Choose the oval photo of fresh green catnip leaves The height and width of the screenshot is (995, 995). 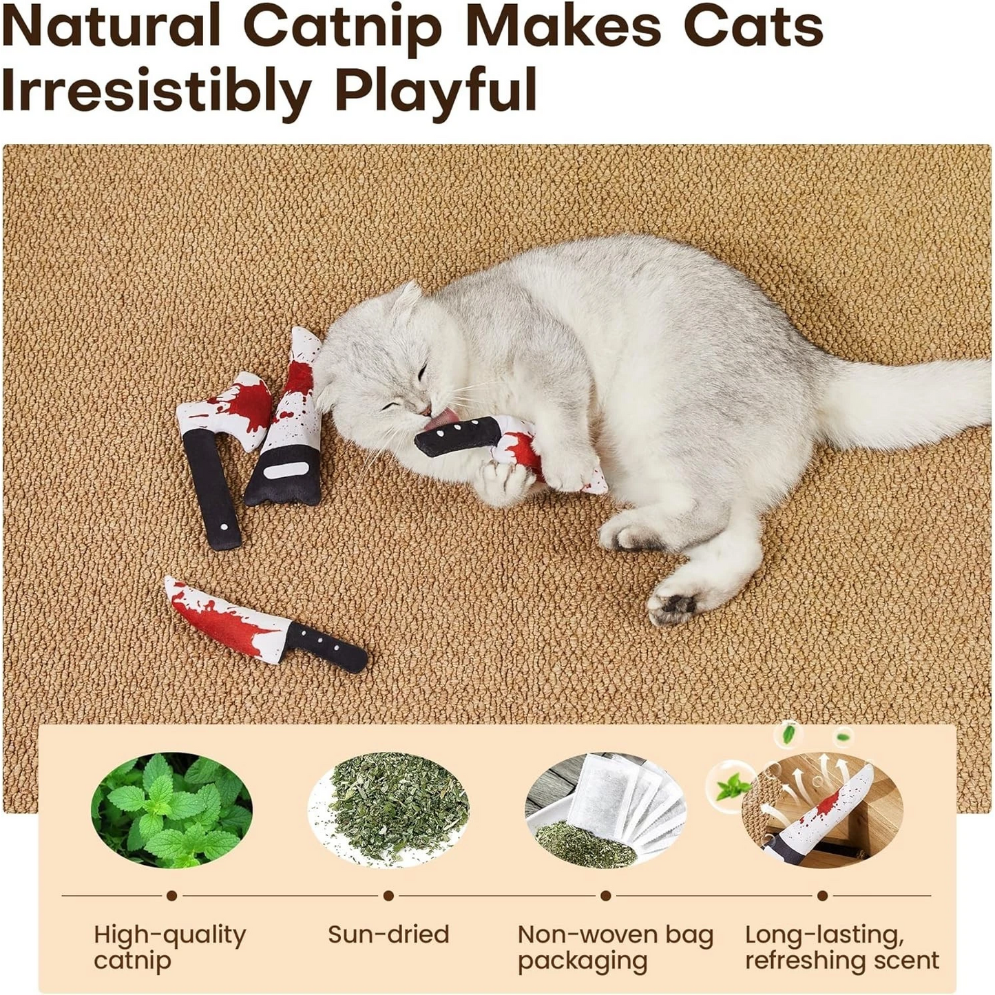[x=171, y=810]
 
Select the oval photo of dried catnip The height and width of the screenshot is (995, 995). [x=388, y=810]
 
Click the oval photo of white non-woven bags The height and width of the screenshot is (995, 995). [x=605, y=810]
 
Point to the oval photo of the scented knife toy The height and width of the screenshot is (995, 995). [x=822, y=810]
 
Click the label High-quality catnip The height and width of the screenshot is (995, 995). [x=169, y=947]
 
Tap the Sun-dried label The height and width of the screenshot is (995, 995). [x=388, y=934]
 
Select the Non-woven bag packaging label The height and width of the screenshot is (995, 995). [x=615, y=947]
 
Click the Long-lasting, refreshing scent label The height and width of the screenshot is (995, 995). [x=841, y=947]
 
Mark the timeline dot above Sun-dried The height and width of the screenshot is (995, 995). [x=388, y=896]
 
